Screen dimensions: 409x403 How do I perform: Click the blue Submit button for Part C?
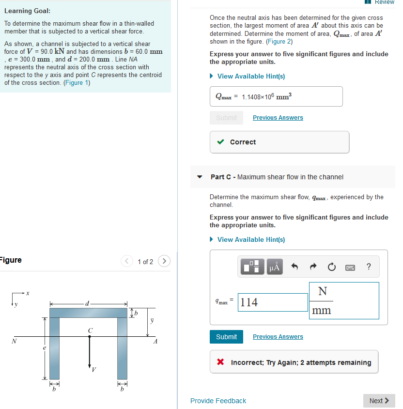pyautogui.click(x=226, y=337)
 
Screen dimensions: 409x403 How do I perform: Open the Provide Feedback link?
pyautogui.click(x=218, y=401)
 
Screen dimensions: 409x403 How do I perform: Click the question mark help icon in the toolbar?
pyautogui.click(x=369, y=267)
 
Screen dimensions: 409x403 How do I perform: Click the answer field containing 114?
pyautogui.click(x=273, y=302)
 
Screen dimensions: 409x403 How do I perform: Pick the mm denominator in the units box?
pyautogui.click(x=322, y=311)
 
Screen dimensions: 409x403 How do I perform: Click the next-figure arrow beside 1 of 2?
pyautogui.click(x=164, y=262)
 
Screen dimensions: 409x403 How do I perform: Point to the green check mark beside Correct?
pyautogui.click(x=221, y=142)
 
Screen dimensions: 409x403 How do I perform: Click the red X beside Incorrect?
pyautogui.click(x=221, y=362)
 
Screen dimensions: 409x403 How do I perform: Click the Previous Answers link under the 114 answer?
pyautogui.click(x=278, y=337)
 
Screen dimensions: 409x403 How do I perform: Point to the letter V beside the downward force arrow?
pyautogui.click(x=94, y=370)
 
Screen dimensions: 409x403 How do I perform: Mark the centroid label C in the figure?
pyautogui.click(x=89, y=330)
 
